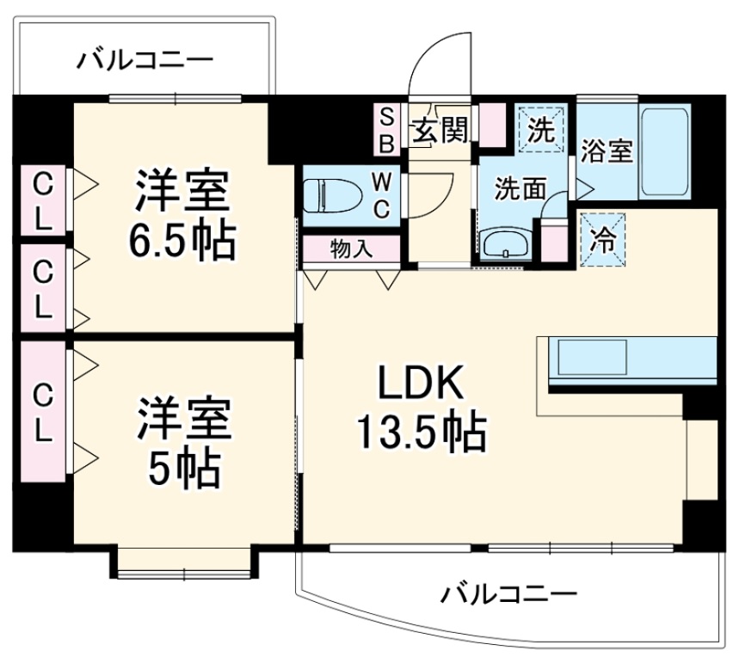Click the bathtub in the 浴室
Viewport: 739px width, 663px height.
(665, 153)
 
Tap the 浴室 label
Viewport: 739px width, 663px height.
(607, 152)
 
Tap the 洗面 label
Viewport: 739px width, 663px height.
(520, 188)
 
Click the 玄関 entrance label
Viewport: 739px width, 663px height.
(441, 132)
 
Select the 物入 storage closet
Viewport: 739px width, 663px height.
(351, 249)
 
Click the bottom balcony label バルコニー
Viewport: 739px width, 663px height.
(508, 594)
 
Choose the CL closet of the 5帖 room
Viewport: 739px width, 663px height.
(41, 413)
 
